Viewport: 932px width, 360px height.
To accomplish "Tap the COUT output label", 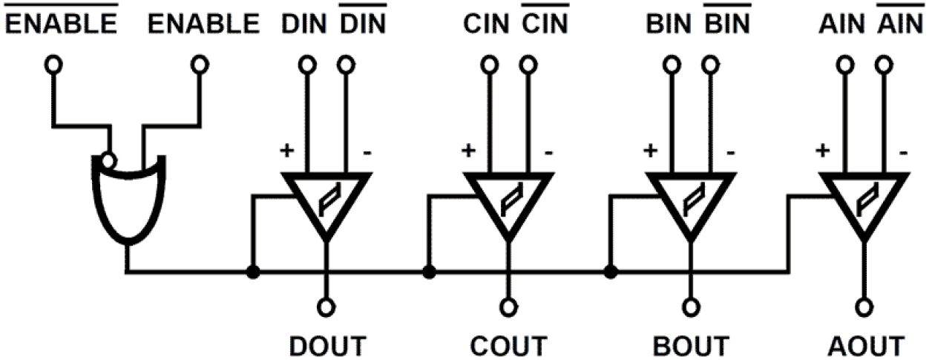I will tap(509, 346).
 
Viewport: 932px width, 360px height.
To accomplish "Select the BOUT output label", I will tap(691, 346).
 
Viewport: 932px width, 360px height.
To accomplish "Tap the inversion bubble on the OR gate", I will tap(108, 159).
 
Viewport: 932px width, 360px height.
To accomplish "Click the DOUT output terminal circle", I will tap(326, 305).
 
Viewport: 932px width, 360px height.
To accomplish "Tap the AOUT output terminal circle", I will tap(863, 305).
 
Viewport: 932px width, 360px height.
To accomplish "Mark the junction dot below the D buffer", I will tap(253, 272).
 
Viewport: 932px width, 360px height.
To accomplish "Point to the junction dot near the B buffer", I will tap(610, 272).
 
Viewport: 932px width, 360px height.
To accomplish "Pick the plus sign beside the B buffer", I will tap(650, 151).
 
